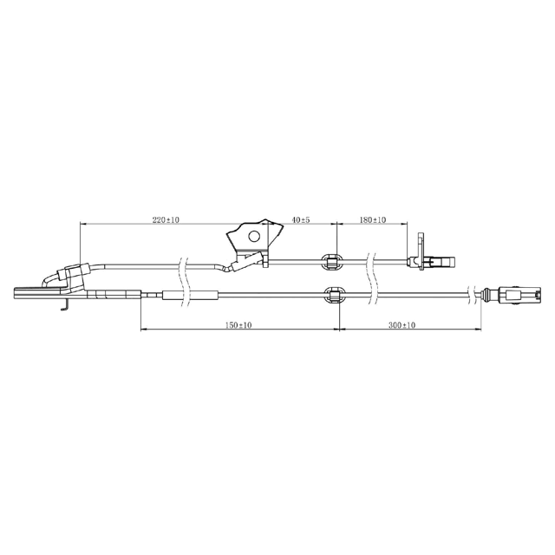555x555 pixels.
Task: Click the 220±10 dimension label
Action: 166,219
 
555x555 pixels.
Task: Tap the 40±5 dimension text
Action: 301,219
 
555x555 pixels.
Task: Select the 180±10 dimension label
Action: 373,219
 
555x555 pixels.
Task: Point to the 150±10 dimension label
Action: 238,325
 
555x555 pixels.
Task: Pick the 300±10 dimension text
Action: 402,325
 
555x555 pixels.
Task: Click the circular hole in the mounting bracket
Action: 254,236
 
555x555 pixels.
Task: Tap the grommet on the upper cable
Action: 331,262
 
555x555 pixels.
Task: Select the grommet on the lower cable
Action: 335,295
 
